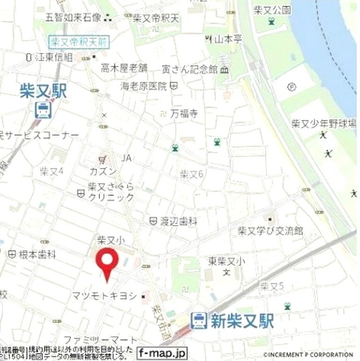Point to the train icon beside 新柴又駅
tap(198, 321)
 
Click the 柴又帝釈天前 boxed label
tap(78, 42)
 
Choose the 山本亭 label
tap(228, 39)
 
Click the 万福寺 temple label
tap(185, 113)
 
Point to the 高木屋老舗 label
tap(124, 68)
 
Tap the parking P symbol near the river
tap(291, 87)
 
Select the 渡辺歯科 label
tap(177, 222)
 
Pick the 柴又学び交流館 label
tap(270, 231)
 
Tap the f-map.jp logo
tap(161, 354)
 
